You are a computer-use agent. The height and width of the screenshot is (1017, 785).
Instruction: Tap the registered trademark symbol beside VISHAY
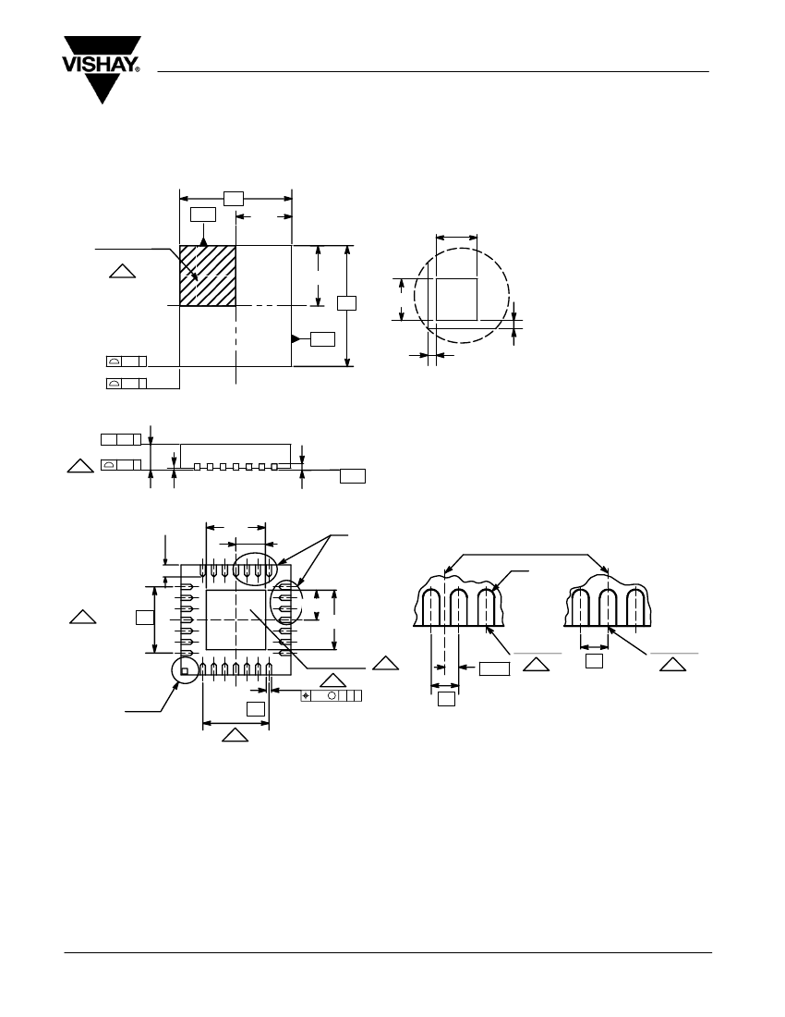(x=137, y=68)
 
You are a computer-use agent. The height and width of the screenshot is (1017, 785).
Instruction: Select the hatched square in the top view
(x=208, y=276)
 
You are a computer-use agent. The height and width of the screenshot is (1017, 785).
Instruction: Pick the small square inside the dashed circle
(x=456, y=299)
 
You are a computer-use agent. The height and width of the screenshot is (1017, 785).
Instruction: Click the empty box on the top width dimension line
(x=235, y=197)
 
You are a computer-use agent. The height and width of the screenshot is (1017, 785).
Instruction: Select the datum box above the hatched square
(x=203, y=214)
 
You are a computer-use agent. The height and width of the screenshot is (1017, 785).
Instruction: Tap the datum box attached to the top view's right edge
(x=322, y=338)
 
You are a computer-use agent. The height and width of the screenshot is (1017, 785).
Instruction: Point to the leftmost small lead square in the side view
(x=197, y=468)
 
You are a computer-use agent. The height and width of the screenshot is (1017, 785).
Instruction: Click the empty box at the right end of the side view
(x=353, y=476)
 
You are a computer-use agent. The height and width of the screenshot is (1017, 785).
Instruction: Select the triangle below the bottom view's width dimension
(x=235, y=736)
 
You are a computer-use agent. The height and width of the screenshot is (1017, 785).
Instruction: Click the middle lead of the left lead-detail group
(x=459, y=608)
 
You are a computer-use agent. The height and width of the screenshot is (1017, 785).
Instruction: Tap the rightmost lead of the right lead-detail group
(x=635, y=608)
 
